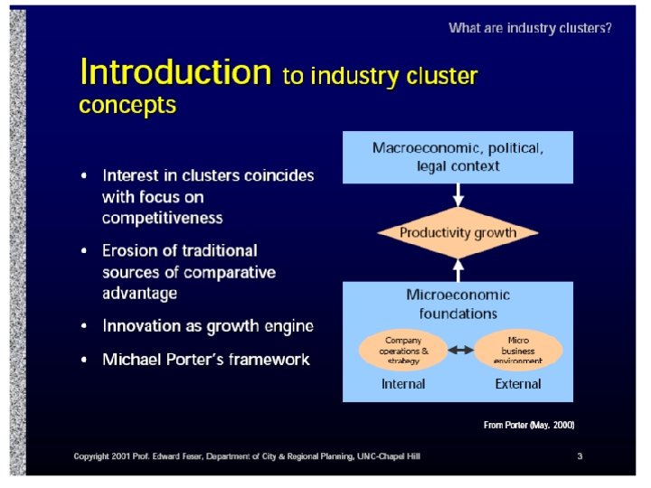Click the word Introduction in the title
click(175, 71)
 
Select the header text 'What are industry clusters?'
click(530, 28)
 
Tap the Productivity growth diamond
click(458, 233)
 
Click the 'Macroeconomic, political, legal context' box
click(458, 156)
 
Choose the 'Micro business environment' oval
click(518, 349)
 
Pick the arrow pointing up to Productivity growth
click(458, 269)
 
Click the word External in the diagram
click(518, 384)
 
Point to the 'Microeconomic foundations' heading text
click(458, 304)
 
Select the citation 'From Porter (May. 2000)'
click(529, 424)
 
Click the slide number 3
click(580, 456)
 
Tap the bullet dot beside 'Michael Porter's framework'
click(85, 360)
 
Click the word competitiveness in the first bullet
click(162, 218)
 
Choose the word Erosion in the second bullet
click(129, 250)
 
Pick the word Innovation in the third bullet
click(141, 325)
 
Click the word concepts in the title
click(127, 105)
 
